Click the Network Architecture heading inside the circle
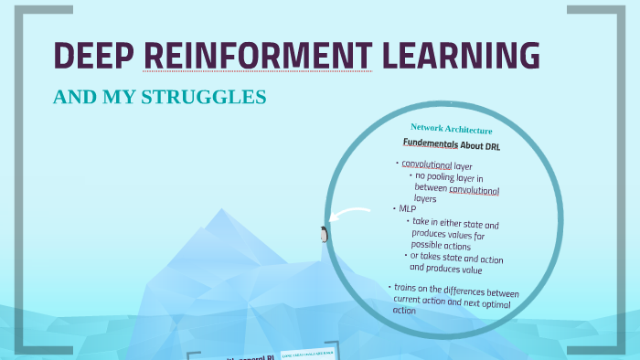[452, 130]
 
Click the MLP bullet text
[407, 208]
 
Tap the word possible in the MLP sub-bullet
[427, 245]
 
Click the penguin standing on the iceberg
[324, 235]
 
